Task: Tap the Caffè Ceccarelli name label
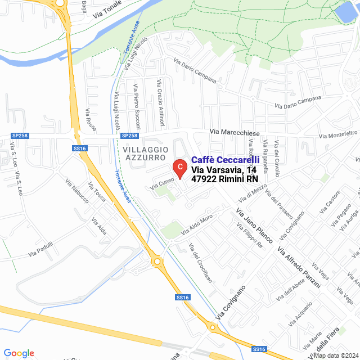[x=226, y=160]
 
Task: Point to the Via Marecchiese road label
[x=235, y=132]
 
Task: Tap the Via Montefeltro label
[x=338, y=134]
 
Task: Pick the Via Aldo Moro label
[x=196, y=225]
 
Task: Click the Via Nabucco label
[x=77, y=194]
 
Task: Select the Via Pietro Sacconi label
[x=137, y=105]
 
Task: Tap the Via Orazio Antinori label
[x=160, y=102]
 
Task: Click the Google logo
[x=19, y=353]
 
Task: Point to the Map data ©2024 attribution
[x=335, y=355]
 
